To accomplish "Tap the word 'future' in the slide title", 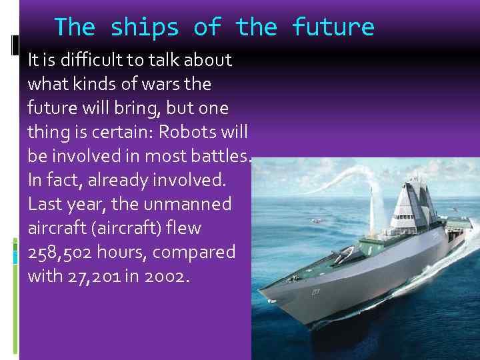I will (x=333, y=28).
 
